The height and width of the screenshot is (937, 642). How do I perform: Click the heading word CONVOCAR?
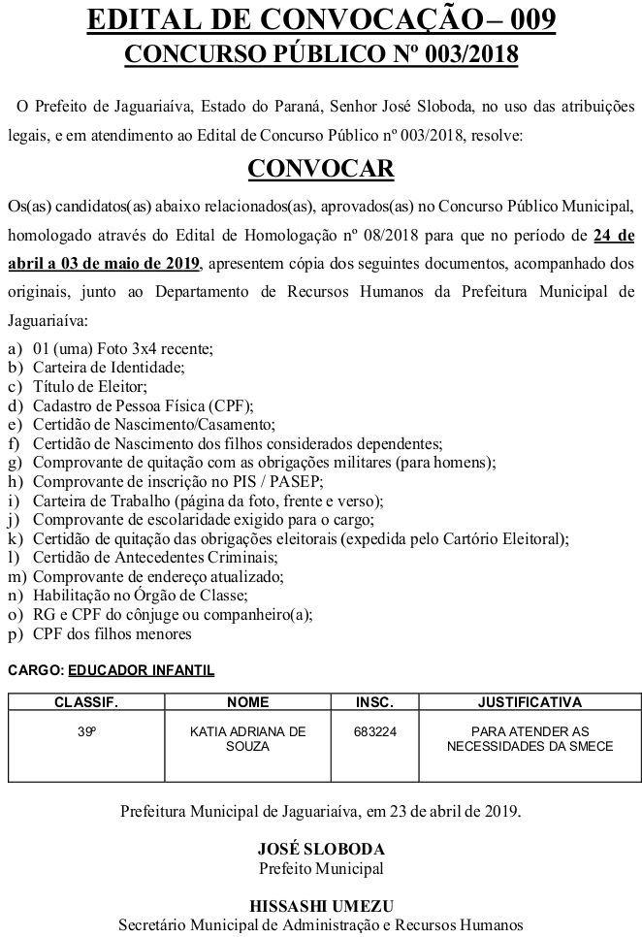pos(321,169)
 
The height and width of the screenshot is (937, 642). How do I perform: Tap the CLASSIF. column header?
pos(85,701)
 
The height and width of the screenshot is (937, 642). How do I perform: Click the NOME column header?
pos(247,701)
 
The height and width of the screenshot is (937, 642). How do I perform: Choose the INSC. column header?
pos(374,701)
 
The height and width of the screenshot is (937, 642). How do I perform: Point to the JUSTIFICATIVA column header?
pos(530,701)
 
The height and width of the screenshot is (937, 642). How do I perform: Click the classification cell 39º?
pos(85,731)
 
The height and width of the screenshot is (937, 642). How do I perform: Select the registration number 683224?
pos(374,731)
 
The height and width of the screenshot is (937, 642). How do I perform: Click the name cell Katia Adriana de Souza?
pos(247,739)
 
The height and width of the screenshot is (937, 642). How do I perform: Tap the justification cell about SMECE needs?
pos(530,739)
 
